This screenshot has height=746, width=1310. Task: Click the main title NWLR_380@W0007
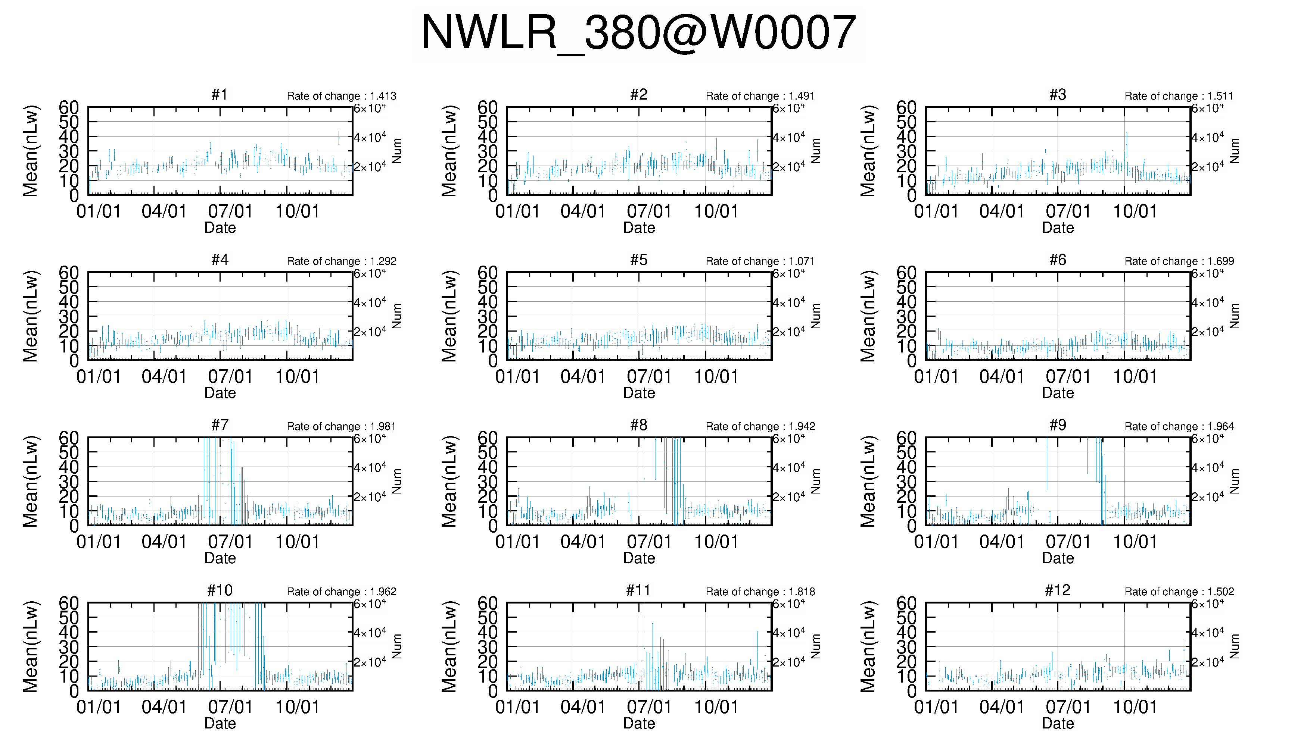(x=638, y=33)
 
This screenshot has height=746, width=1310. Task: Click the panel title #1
(x=220, y=95)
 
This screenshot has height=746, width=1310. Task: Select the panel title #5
(x=638, y=260)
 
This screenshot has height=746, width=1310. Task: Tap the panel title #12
(x=1057, y=591)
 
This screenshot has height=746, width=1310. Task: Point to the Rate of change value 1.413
(x=342, y=96)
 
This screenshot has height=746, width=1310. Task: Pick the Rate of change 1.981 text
(x=342, y=426)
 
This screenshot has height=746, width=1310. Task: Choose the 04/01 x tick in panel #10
(x=164, y=707)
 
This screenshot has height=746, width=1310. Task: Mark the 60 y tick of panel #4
(x=69, y=273)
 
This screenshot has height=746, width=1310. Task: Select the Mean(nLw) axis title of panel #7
(x=30, y=482)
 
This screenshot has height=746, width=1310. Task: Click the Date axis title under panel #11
(x=639, y=724)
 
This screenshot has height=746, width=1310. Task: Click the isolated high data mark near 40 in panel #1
(x=338, y=137)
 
